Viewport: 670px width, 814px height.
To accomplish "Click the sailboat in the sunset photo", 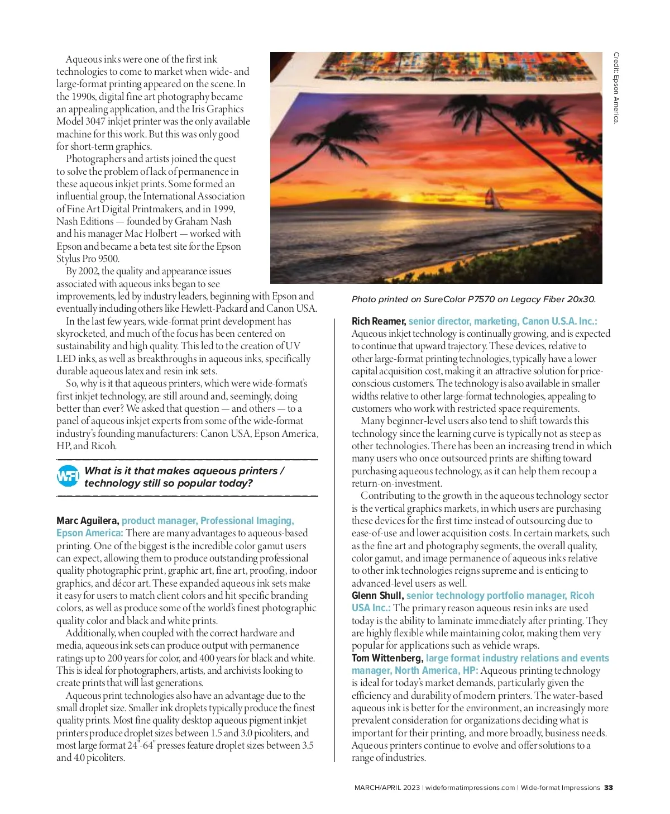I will [493, 199].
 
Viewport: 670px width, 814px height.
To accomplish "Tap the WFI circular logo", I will [68, 476].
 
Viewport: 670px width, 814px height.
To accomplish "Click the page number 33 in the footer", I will [608, 788].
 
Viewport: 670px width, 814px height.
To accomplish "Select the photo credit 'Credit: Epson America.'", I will [616, 88].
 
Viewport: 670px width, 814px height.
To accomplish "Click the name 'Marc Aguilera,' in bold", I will [88, 521].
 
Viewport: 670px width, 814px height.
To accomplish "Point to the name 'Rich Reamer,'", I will [379, 321].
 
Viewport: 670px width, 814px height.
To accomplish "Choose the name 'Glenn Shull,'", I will [377, 596].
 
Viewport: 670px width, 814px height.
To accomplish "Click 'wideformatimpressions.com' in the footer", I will [470, 788].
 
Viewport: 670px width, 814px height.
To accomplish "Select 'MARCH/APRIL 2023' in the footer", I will [387, 788].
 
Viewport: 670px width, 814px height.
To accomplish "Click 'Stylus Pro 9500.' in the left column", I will [88, 259].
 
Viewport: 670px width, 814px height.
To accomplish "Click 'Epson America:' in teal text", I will [89, 533].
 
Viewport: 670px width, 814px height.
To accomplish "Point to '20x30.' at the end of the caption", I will [582, 299].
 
